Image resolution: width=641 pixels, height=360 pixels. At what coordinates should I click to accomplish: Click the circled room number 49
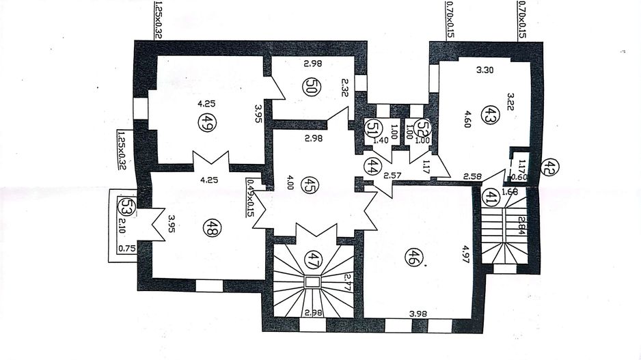(x=204, y=123)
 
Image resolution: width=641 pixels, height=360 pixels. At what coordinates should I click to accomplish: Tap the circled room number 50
(x=310, y=88)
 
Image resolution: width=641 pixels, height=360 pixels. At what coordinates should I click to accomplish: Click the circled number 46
(x=412, y=258)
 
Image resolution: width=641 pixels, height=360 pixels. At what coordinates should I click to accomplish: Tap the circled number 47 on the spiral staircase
(x=313, y=258)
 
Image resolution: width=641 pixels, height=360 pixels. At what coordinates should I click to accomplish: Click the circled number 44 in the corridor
(x=372, y=166)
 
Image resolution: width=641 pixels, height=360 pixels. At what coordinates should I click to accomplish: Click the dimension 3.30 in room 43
(x=484, y=70)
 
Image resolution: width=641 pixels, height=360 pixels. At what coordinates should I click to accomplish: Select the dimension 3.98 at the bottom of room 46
(x=419, y=313)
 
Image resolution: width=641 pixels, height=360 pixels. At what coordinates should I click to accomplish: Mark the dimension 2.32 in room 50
(x=345, y=87)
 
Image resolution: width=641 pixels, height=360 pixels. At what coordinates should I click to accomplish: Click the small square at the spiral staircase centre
(x=312, y=282)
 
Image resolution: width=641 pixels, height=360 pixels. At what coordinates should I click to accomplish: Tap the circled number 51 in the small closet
(x=372, y=127)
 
